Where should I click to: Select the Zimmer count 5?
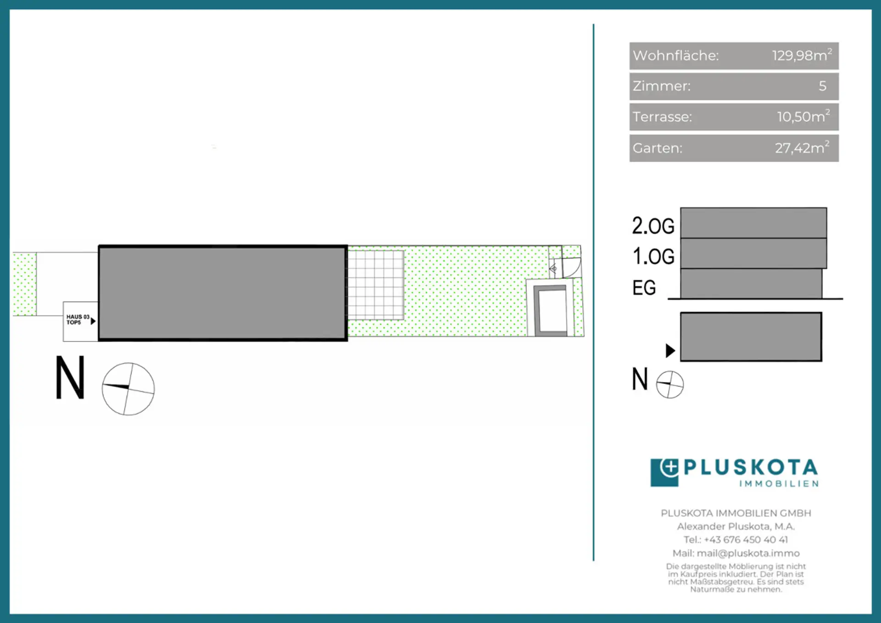tap(823, 86)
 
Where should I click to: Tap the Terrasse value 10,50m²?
tap(803, 116)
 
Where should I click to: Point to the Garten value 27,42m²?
tap(802, 147)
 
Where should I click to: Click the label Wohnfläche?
tap(676, 55)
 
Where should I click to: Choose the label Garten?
tap(658, 148)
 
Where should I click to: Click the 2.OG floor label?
tap(653, 226)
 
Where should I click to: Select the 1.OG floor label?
tap(653, 257)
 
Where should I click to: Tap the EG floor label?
tap(644, 288)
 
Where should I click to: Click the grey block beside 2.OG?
tap(753, 223)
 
